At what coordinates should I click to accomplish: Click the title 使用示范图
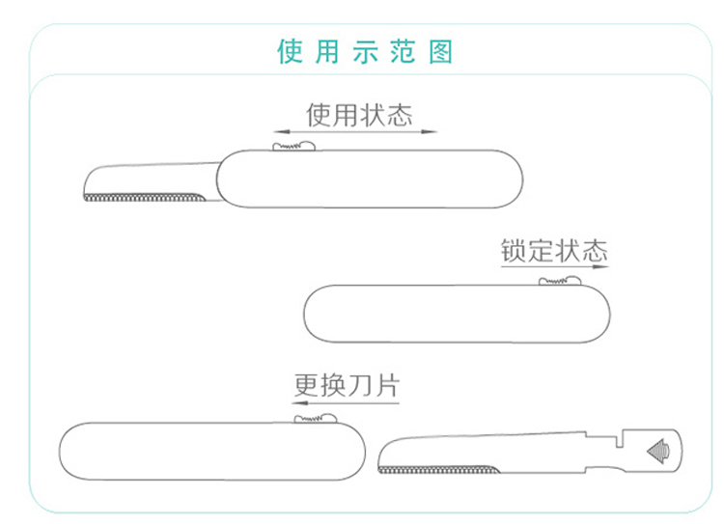(x=364, y=50)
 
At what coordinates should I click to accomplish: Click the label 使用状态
(x=358, y=116)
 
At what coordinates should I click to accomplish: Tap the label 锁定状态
(x=553, y=251)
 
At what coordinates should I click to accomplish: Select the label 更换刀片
(x=346, y=386)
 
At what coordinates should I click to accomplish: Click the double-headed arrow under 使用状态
(x=354, y=132)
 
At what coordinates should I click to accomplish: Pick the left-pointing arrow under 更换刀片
(x=346, y=403)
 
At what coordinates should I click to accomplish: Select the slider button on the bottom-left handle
(x=315, y=418)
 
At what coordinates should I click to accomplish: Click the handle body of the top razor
(x=370, y=179)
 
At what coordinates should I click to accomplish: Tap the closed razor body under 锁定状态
(x=457, y=314)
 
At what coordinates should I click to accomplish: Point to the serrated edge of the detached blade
(x=439, y=471)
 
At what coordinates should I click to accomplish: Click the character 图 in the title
(x=440, y=50)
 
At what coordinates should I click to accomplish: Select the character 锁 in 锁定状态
(x=513, y=251)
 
